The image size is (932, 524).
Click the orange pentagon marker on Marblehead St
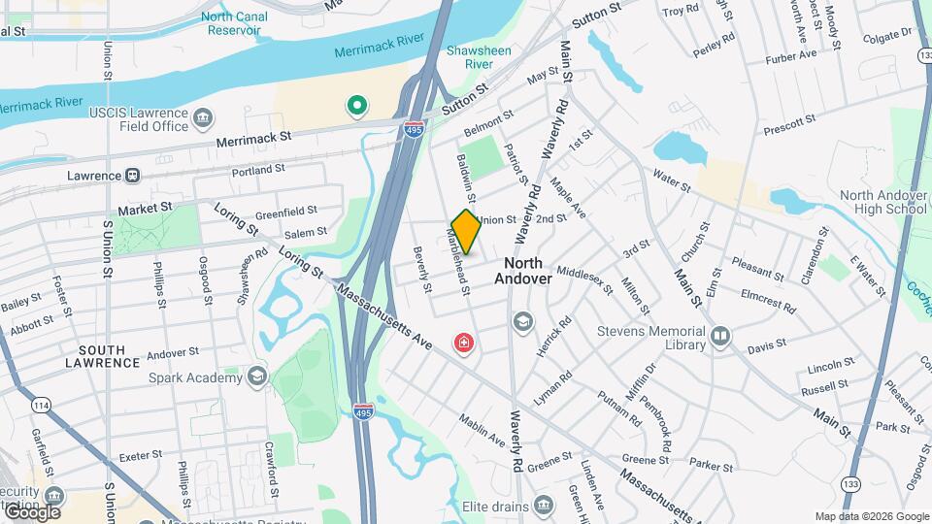[x=466, y=232]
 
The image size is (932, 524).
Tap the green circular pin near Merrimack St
[x=357, y=105]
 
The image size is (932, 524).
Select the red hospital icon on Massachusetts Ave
[x=465, y=344]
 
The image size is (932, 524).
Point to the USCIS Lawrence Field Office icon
[x=204, y=119]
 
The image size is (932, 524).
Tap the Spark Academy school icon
[x=257, y=377]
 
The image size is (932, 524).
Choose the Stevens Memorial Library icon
[x=720, y=337]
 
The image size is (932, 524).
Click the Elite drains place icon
[x=544, y=506]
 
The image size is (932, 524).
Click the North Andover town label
[x=523, y=271]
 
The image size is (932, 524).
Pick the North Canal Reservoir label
[x=231, y=23]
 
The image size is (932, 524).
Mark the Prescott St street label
[x=789, y=124]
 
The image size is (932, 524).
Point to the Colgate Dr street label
[x=888, y=36]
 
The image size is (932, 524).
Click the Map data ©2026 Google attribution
[x=872, y=516]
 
